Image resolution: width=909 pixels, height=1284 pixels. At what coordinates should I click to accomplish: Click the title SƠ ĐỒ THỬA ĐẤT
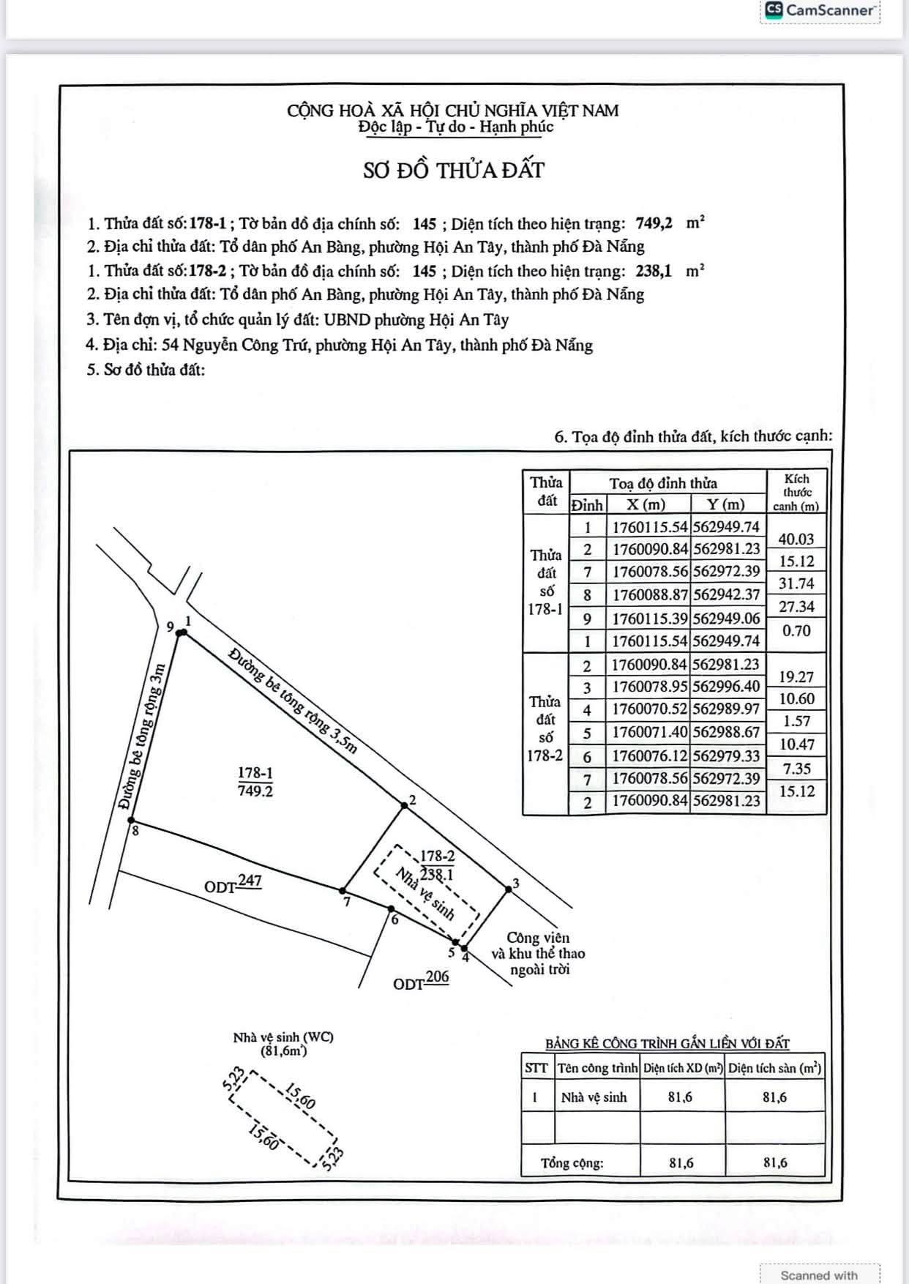click(x=454, y=170)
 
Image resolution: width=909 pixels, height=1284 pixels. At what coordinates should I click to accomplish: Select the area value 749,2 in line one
click(x=654, y=223)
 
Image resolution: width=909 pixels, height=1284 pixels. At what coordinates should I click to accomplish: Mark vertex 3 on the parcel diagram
click(x=509, y=889)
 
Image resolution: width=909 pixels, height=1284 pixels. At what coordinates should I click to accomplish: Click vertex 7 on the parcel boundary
click(x=343, y=890)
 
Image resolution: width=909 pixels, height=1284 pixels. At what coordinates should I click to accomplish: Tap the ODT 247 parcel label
click(x=233, y=884)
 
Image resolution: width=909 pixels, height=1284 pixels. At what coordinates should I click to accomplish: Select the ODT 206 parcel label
click(x=421, y=981)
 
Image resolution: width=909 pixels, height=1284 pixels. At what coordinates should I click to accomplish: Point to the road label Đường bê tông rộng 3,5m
click(x=293, y=700)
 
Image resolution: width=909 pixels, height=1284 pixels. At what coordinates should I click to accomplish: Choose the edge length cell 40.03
click(x=796, y=539)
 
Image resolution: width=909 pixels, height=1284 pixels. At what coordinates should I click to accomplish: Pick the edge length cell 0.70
click(x=796, y=630)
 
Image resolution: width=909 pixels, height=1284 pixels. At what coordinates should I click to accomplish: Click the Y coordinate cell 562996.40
click(x=727, y=687)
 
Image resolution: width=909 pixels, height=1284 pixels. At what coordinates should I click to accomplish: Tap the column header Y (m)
click(x=726, y=504)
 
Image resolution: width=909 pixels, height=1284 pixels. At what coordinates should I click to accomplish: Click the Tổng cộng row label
click(x=572, y=1162)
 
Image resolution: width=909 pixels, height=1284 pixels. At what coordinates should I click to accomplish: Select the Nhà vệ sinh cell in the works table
click(x=594, y=1097)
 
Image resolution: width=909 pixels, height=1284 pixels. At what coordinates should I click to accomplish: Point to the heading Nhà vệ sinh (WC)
click(x=283, y=1037)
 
